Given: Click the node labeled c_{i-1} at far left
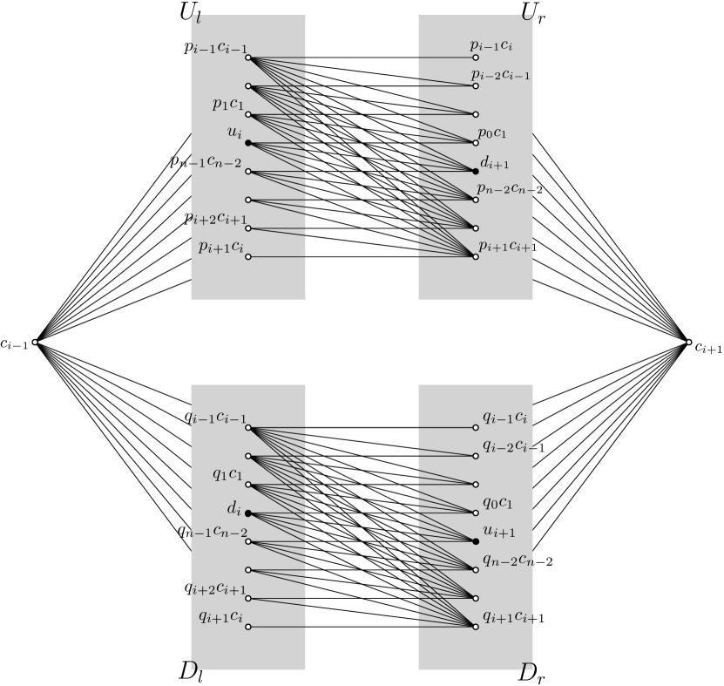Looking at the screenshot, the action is (x=35, y=343).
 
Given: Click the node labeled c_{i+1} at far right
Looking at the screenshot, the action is (x=688, y=343).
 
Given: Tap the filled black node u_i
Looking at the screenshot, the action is (x=248, y=143).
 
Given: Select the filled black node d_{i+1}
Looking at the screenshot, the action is (x=476, y=172).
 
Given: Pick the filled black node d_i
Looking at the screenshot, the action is (x=248, y=513).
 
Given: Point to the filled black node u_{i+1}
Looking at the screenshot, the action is (x=476, y=541).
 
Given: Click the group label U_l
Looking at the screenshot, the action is (x=190, y=13).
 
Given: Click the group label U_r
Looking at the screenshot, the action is (x=532, y=13).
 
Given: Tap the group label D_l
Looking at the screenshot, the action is (x=191, y=673).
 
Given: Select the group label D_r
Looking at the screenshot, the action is (x=531, y=673).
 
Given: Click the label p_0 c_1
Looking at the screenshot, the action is (x=492, y=133).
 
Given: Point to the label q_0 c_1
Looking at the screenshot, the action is (x=497, y=503).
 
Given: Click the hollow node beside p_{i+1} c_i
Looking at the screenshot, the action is (x=248, y=257).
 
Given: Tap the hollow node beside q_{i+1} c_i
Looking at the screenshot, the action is (x=248, y=627).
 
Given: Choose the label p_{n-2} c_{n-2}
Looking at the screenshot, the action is (x=510, y=189).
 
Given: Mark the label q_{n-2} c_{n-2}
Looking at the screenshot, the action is (x=518, y=560).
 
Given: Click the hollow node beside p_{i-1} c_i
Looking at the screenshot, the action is (x=476, y=58).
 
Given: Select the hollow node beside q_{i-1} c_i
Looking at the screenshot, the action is (x=476, y=428).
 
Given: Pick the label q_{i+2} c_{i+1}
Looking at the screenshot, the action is (x=215, y=588).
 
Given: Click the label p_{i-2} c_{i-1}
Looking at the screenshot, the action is (x=500, y=74).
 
